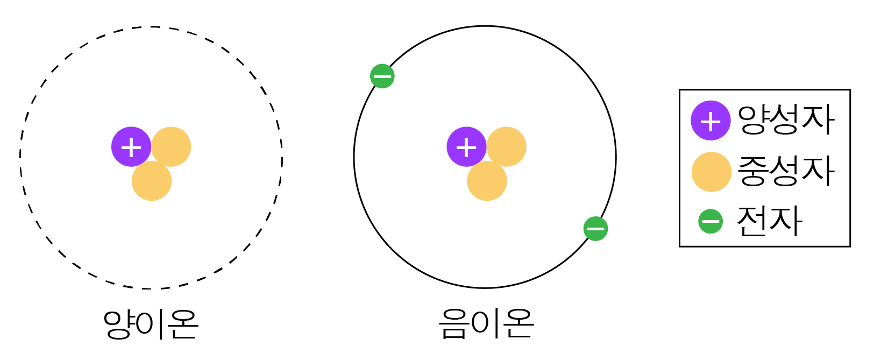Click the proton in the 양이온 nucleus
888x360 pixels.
click(131, 146)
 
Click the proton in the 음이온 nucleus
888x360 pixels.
click(466, 146)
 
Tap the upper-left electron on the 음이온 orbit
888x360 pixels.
click(382, 76)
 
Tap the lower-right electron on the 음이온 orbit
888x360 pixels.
click(595, 229)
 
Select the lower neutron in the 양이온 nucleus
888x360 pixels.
click(152, 181)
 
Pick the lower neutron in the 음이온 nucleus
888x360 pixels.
click(487, 181)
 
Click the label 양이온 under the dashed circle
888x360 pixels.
click(151, 324)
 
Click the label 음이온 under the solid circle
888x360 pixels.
click(486, 324)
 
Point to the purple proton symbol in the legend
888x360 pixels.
click(711, 121)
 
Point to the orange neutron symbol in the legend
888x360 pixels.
click(711, 172)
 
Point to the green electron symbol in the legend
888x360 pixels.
click(711, 221)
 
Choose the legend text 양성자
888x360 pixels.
click(786, 120)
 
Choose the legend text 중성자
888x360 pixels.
click(786, 171)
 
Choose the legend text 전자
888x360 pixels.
click(770, 221)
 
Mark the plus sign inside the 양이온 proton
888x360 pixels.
click(131, 147)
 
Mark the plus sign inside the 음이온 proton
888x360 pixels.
click(466, 147)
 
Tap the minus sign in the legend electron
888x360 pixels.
click(711, 221)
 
